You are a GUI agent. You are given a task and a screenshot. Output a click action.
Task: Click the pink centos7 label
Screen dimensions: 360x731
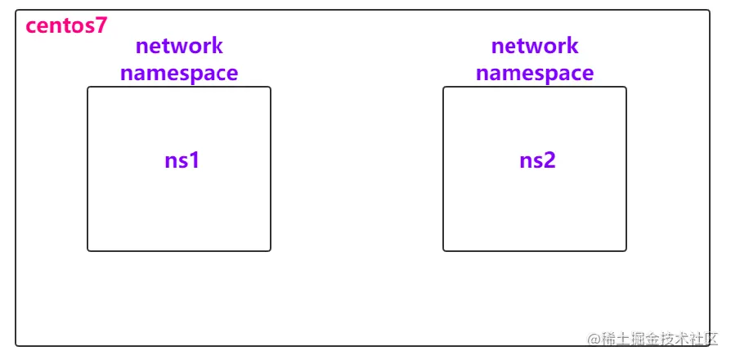click(66, 25)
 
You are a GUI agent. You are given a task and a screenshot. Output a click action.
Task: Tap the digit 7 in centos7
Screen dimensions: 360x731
click(101, 25)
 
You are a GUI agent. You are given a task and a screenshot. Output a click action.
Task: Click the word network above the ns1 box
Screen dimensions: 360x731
click(179, 46)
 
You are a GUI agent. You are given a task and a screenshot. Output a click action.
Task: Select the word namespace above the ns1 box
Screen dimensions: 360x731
click(179, 73)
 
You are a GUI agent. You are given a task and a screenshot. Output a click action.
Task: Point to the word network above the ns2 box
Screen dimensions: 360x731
click(535, 46)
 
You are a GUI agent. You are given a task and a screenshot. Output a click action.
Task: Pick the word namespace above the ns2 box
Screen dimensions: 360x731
click(535, 73)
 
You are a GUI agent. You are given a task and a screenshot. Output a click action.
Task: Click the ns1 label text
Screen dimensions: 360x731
click(182, 160)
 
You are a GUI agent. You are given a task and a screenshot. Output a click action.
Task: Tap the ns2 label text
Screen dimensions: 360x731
click(538, 160)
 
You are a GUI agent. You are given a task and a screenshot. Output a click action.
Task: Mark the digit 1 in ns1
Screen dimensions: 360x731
click(195, 160)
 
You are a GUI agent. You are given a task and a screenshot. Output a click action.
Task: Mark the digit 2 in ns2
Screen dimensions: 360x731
click(550, 160)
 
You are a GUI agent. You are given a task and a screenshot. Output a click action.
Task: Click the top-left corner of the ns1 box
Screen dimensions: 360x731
click(88, 88)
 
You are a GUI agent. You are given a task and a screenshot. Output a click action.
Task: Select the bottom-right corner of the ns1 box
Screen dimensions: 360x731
click(270, 250)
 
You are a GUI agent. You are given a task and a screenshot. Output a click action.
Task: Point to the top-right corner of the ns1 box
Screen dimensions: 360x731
click(270, 88)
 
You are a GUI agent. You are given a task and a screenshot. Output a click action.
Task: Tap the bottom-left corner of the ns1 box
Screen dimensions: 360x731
click(88, 250)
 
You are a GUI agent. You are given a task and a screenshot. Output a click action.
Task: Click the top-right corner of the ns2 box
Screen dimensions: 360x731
click(626, 88)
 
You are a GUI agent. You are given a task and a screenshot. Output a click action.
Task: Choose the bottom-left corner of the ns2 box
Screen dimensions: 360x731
click(444, 250)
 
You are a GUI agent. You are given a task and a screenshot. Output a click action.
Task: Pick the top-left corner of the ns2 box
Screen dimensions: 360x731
click(444, 88)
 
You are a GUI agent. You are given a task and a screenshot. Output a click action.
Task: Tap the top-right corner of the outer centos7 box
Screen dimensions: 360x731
click(709, 11)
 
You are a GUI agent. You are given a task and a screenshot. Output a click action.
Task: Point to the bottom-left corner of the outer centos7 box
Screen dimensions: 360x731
click(16, 345)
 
